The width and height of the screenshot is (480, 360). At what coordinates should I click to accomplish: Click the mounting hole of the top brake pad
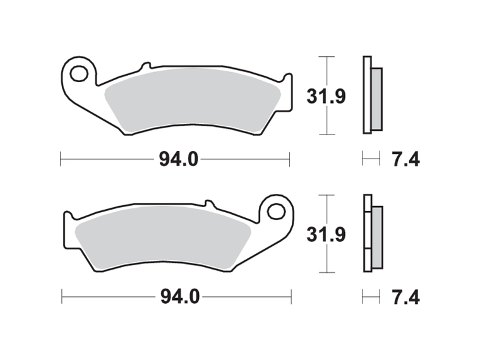coord(79,74)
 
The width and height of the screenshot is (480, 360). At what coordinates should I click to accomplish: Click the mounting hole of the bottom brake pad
coord(276,211)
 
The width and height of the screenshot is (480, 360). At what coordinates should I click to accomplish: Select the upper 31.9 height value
coord(327,97)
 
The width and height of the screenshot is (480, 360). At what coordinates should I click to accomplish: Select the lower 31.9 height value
coord(327,235)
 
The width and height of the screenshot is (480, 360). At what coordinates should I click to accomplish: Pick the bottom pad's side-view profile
coord(371,233)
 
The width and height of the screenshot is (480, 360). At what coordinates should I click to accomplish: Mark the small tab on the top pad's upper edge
coord(145,66)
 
